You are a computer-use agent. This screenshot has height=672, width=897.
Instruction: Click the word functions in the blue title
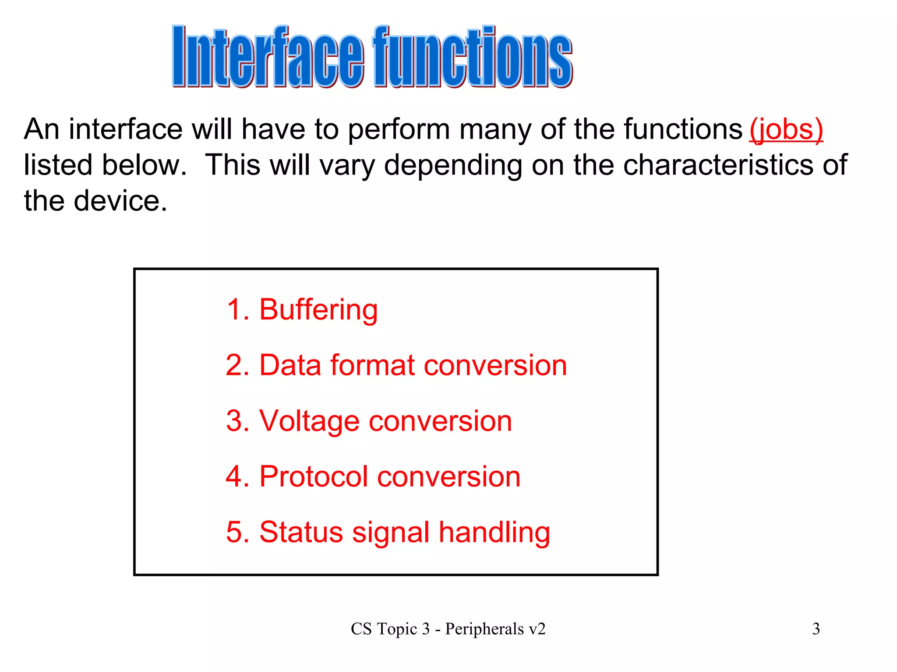tap(472, 57)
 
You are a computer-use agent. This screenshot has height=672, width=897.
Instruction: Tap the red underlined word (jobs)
tap(786, 129)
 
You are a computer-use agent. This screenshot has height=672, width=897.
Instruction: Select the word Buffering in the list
tap(318, 310)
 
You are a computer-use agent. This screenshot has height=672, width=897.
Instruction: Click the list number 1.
tap(234, 310)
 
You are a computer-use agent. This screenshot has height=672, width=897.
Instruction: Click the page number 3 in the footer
tap(816, 629)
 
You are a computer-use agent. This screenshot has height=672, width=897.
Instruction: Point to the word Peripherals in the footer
tap(484, 629)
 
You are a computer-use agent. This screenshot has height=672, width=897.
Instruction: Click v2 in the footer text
tap(537, 629)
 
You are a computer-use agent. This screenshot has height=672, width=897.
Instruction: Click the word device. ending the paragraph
tap(120, 201)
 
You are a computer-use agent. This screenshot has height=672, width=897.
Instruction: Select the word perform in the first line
tap(399, 129)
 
